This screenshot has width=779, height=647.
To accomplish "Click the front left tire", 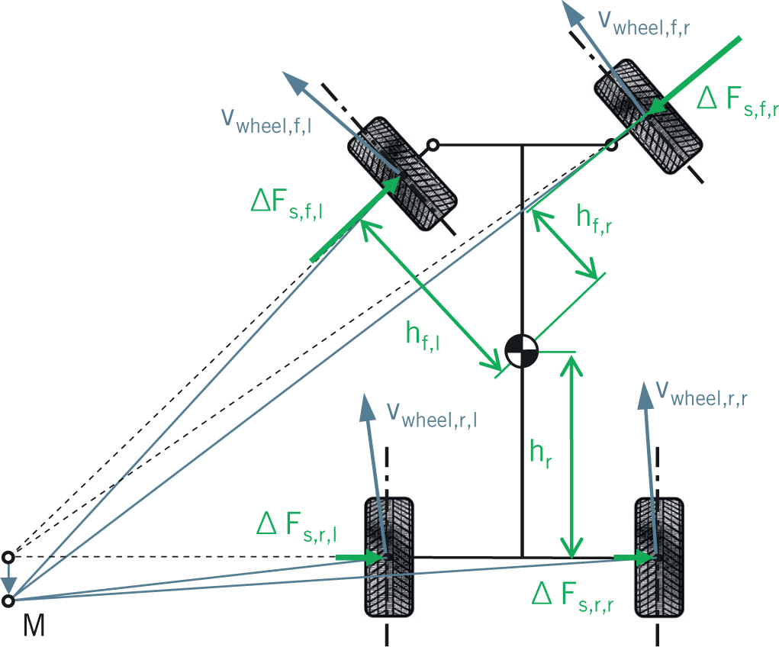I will [x=402, y=173].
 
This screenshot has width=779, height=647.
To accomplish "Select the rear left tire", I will [x=388, y=557].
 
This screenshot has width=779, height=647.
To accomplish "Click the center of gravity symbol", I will [x=522, y=353].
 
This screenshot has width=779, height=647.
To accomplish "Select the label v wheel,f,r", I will [x=649, y=24].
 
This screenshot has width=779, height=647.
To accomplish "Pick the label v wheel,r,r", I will [x=702, y=394].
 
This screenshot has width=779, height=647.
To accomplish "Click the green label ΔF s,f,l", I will [x=286, y=205].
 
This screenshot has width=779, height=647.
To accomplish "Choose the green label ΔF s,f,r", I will [x=737, y=103].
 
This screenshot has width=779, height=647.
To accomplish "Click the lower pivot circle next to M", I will [x=8, y=601].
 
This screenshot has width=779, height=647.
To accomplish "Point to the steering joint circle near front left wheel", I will [x=433, y=144].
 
